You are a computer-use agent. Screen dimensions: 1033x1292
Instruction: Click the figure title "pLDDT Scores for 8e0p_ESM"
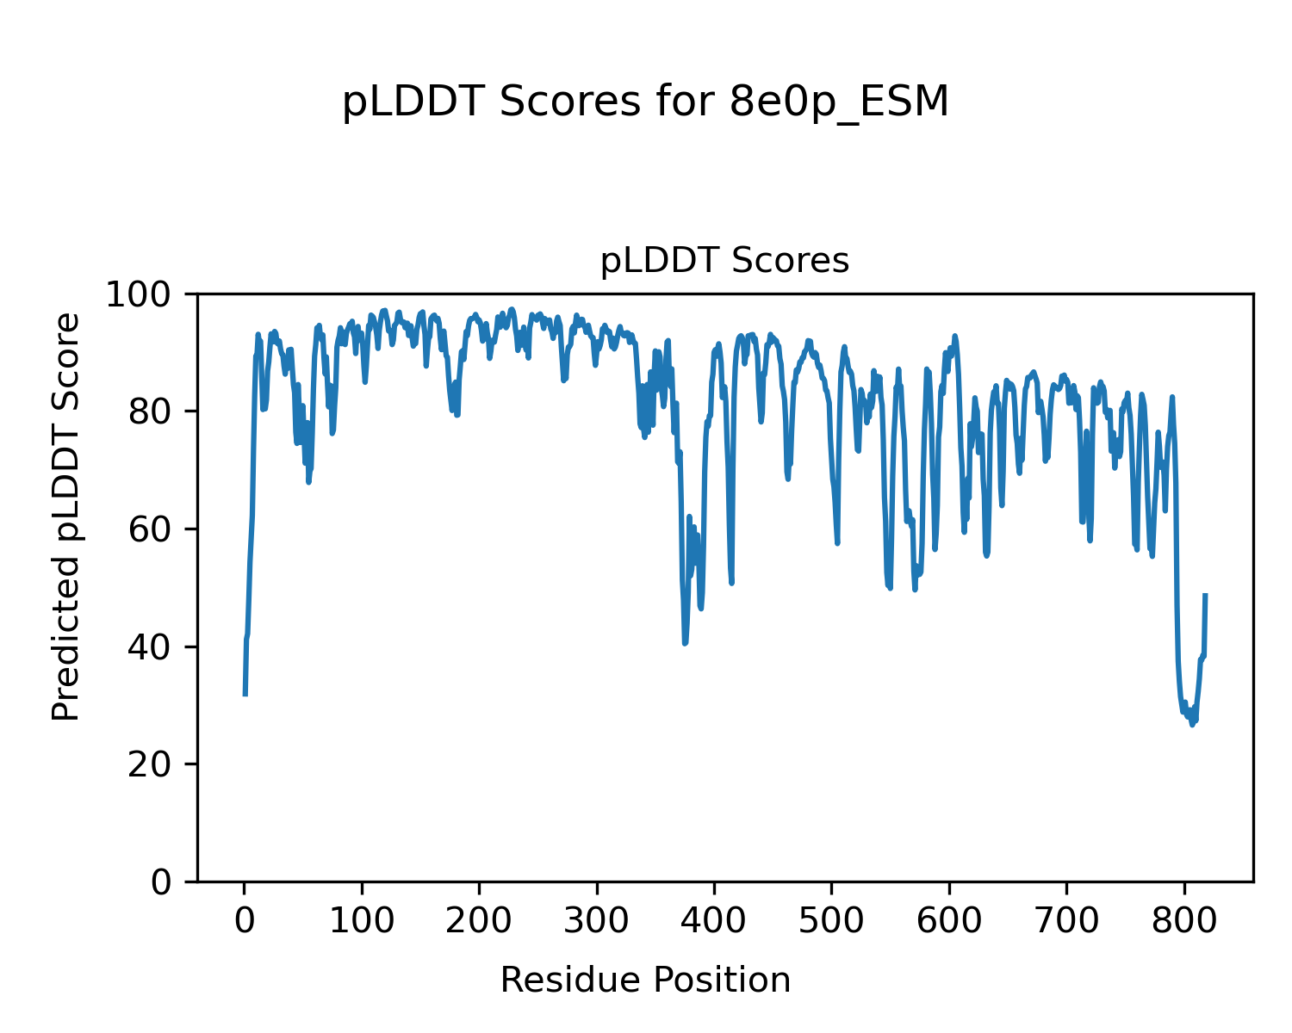tap(645, 102)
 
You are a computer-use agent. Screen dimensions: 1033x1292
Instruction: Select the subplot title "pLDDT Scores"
tap(724, 261)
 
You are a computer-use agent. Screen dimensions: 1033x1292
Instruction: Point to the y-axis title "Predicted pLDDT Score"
tap(66, 516)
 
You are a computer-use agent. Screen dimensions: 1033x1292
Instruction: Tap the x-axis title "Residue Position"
tap(645, 980)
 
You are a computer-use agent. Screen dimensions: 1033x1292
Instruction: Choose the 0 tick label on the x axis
tap(245, 921)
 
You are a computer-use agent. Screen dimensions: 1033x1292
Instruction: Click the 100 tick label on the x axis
tap(362, 921)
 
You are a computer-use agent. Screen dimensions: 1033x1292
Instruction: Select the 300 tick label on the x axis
tap(597, 921)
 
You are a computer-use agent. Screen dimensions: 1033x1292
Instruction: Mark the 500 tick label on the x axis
tap(832, 921)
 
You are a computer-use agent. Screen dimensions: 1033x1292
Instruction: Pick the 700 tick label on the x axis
tap(1067, 921)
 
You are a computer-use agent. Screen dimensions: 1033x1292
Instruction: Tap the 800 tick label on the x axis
tap(1184, 921)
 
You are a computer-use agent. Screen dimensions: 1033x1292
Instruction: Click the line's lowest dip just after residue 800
tap(1192, 725)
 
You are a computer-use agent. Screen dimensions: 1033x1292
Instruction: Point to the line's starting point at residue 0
tap(245, 695)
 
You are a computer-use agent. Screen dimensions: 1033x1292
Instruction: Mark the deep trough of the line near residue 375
tap(685, 643)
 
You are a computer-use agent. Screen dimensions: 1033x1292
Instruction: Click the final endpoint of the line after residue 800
tap(1205, 595)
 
